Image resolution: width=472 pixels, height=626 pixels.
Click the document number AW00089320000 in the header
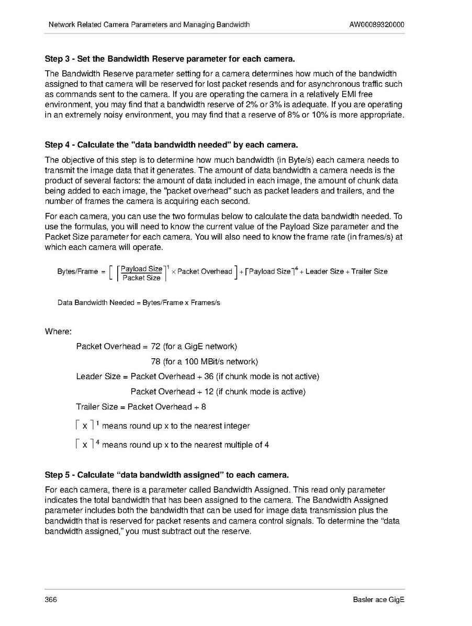point(376,25)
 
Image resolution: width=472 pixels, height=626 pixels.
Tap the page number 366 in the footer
point(51,599)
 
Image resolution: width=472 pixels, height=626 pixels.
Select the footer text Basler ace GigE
point(379,599)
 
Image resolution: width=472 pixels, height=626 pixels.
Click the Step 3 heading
point(166,58)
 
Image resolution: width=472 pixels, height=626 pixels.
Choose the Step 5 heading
point(166,475)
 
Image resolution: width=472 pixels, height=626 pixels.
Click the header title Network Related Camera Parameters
point(149,25)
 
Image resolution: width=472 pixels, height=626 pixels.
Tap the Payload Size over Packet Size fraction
point(141,273)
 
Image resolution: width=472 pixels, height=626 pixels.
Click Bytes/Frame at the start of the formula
point(77,271)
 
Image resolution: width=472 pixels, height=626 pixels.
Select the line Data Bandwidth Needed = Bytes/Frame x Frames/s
point(139,303)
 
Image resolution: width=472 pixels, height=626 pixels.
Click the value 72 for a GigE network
point(155,346)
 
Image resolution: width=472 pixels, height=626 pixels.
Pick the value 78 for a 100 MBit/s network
point(155,361)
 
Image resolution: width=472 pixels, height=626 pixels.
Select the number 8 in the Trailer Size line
point(203,407)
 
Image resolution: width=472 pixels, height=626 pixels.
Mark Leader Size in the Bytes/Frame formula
point(324,271)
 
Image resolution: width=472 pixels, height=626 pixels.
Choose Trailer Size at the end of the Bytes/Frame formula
point(369,271)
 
